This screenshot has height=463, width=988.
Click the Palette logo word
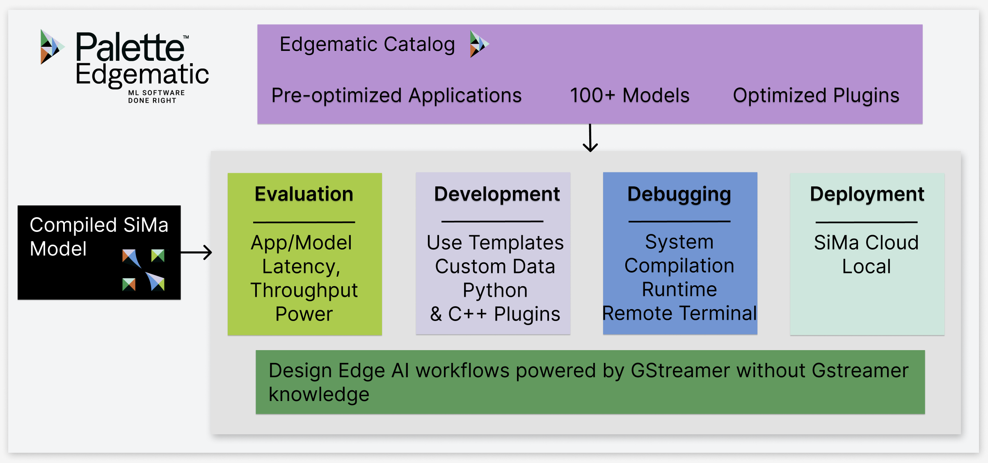pyautogui.click(x=130, y=47)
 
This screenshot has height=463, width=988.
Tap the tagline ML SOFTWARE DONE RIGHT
pyautogui.click(x=156, y=97)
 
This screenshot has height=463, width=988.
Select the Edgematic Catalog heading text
pyautogui.click(x=367, y=44)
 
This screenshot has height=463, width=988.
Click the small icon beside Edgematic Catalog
pyautogui.click(x=479, y=44)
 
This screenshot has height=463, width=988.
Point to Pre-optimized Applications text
pyautogui.click(x=396, y=96)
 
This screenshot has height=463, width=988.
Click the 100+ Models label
pyautogui.click(x=629, y=96)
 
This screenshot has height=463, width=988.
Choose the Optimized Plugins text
pyautogui.click(x=816, y=96)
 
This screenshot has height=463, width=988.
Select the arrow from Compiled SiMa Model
pyautogui.click(x=197, y=252)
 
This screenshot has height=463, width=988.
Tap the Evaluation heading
pyautogui.click(x=304, y=194)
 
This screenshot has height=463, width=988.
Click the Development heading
pyautogui.click(x=496, y=194)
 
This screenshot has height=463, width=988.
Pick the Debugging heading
pyautogui.click(x=679, y=194)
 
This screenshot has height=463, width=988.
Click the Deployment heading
pyautogui.click(x=867, y=194)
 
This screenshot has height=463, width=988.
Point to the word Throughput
pyautogui.click(x=304, y=290)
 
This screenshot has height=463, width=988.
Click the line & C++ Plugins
pyautogui.click(x=495, y=314)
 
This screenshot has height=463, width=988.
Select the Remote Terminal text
pyautogui.click(x=679, y=313)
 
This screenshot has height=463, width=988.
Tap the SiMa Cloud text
pyautogui.click(x=866, y=243)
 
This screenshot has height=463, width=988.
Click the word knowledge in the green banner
pyautogui.click(x=319, y=394)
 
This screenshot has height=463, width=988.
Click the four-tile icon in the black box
pyautogui.click(x=143, y=270)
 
